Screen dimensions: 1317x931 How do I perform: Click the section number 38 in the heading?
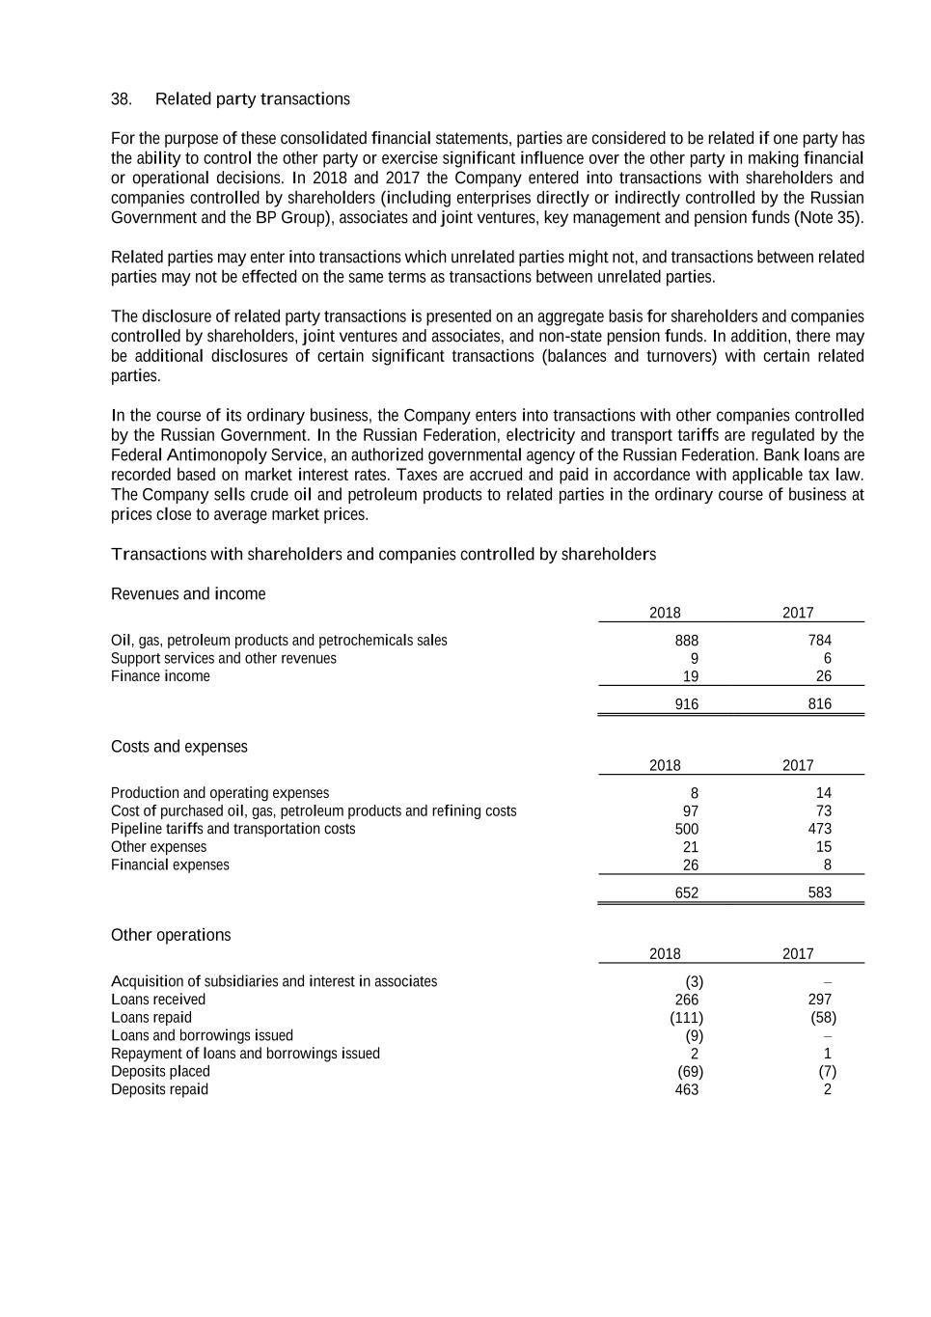(x=122, y=99)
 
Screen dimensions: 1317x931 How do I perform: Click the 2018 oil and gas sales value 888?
(x=686, y=641)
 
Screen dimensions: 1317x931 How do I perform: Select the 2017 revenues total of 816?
(x=819, y=704)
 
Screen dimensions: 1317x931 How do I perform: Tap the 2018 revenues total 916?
(x=686, y=704)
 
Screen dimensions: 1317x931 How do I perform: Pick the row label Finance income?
(x=160, y=676)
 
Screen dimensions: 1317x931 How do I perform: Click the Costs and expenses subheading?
(x=178, y=747)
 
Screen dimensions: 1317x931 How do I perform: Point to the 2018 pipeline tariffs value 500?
(x=686, y=829)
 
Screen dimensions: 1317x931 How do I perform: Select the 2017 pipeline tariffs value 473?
(x=819, y=829)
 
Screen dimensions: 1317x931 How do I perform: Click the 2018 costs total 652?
(x=686, y=892)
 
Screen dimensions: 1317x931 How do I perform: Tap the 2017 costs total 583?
(x=819, y=892)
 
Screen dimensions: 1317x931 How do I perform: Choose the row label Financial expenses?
(x=170, y=864)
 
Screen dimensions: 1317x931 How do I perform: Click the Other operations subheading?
(x=171, y=935)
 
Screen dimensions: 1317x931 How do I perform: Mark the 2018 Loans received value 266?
(x=686, y=1000)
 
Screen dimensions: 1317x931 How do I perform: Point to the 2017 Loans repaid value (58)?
(x=823, y=1018)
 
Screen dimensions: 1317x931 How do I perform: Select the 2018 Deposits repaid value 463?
(x=686, y=1089)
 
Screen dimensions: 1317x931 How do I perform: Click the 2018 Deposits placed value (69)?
(x=690, y=1072)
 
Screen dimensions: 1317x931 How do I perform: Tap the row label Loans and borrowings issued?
(x=202, y=1035)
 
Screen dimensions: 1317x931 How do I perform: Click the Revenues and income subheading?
(x=188, y=594)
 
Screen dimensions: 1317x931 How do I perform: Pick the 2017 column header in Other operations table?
(x=798, y=954)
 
